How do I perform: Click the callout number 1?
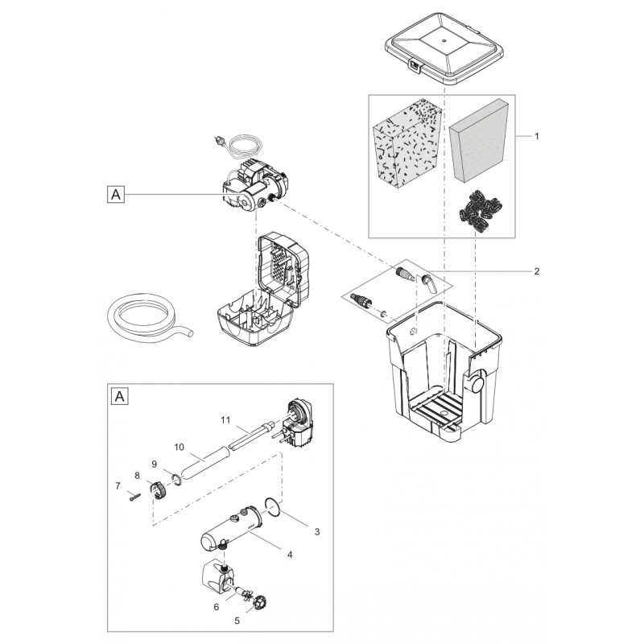(537, 137)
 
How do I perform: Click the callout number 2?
(537, 271)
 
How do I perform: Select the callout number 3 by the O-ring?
(316, 532)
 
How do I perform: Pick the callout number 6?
(216, 607)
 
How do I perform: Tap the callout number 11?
(226, 419)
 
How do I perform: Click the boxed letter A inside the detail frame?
(120, 396)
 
